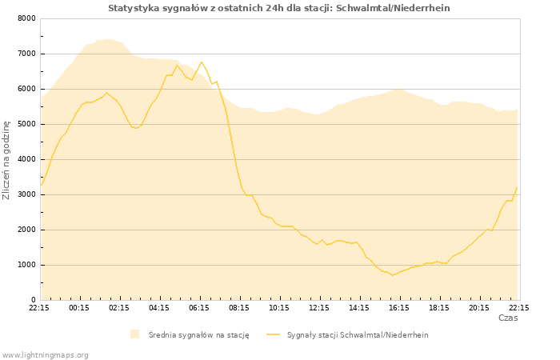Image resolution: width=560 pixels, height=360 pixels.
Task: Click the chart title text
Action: (278, 8)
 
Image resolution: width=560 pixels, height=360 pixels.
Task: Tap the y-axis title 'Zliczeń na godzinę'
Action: (6, 159)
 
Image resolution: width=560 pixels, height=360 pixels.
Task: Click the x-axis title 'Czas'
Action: (507, 318)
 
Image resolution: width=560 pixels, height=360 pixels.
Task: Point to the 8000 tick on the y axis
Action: (26, 18)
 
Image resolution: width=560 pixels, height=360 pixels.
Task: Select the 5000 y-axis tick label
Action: (26, 124)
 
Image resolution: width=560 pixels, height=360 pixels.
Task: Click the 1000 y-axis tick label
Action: (26, 265)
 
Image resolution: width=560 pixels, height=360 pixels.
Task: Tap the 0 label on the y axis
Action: (33, 300)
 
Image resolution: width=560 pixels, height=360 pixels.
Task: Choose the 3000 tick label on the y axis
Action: (26, 194)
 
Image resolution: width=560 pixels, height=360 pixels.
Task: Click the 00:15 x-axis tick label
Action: (79, 307)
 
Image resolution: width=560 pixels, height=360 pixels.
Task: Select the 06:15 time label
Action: (199, 307)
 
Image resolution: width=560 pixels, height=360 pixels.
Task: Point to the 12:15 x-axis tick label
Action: (319, 307)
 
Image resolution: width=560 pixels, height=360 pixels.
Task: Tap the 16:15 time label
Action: (399, 307)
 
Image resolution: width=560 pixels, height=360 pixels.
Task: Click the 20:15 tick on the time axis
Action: (479, 307)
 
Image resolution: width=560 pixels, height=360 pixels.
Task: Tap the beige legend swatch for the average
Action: (134, 334)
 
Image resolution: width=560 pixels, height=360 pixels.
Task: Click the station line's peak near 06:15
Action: (202, 62)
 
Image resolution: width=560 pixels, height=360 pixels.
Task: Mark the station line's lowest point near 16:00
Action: (393, 275)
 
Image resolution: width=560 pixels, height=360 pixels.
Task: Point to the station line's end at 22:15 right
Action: (517, 187)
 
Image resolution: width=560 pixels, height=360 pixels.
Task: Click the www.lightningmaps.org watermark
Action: (45, 354)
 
